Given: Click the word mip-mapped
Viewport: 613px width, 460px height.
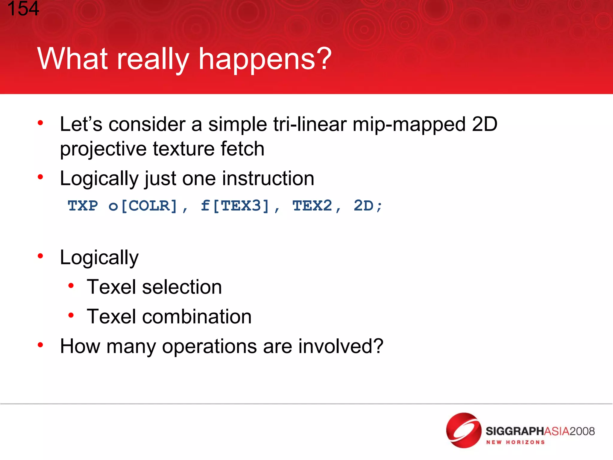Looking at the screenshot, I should tap(409, 124).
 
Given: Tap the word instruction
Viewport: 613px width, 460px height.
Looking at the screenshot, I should tap(268, 178).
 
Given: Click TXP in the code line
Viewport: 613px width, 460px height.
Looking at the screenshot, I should tap(83, 206).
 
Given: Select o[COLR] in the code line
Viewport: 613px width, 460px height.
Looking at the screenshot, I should tap(143, 206).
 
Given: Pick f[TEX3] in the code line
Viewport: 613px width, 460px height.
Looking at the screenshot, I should tap(235, 206).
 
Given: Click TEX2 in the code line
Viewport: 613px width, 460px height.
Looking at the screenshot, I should tap(312, 206).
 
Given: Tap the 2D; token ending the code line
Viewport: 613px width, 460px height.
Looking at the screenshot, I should tap(368, 206).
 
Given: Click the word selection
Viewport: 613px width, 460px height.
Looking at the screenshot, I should tap(182, 287).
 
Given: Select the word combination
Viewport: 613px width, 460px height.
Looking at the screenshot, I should tap(197, 317).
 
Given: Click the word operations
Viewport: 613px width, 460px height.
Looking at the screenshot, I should tap(209, 346).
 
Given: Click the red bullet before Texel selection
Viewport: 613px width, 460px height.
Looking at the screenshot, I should tap(71, 286).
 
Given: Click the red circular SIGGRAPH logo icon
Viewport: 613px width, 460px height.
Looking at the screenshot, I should tap(463, 430).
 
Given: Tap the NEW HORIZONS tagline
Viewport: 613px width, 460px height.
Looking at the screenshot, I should tap(515, 442).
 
